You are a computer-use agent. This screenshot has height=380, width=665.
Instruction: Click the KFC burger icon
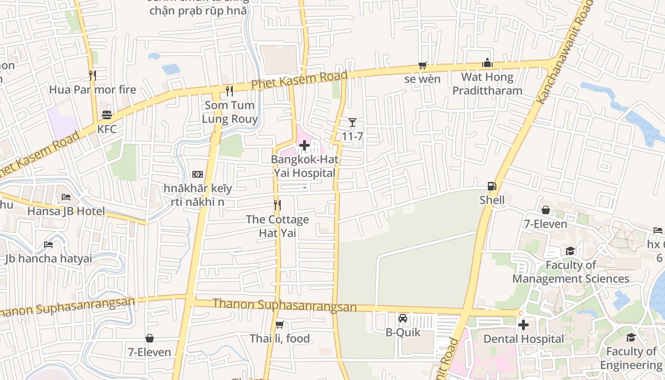pos(106,115)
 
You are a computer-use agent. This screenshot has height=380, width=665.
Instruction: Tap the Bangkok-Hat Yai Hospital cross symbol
pos(304,145)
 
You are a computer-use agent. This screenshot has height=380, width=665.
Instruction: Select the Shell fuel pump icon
pos(492,186)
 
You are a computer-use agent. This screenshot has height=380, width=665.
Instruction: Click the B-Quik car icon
pos(403,318)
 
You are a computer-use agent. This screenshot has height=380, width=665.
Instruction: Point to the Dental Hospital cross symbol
pos(523,325)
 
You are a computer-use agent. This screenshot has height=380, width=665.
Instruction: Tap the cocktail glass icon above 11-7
pos(352,123)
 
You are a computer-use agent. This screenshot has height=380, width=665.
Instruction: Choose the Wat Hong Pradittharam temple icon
pos(487,63)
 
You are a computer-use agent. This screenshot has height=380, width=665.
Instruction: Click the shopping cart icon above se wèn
pos(422,65)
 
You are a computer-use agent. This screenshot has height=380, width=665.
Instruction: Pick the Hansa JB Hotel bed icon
pos(66,197)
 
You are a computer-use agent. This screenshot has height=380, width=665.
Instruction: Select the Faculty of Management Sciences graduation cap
pos(570,251)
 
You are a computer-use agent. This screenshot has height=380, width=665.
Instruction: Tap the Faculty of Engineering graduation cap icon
pos(631,337)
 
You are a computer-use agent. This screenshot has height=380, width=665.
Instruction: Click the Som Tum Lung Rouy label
pos(230,112)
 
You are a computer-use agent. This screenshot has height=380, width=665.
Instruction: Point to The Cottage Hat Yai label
pos(277,226)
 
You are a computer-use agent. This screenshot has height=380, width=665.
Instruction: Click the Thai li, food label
pos(280,339)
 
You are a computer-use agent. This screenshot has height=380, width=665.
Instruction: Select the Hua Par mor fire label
pos(93,89)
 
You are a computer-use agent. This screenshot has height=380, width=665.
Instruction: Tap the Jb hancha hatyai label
pos(48,258)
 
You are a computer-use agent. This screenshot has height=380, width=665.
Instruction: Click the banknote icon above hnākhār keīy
pos(198,174)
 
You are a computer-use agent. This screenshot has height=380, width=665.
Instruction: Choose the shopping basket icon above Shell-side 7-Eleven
pos(546,210)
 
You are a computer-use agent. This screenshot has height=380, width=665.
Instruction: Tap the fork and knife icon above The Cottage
pos(277,205)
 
